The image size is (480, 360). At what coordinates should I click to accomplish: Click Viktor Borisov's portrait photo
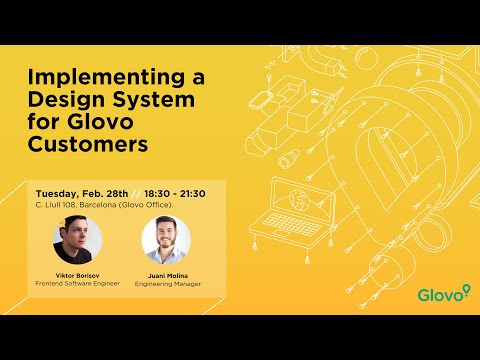click(77, 240)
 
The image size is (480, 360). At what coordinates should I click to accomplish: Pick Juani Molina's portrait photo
click(166, 240)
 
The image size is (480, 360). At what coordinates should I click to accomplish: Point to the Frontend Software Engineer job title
click(77, 283)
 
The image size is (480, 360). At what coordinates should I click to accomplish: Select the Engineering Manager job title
click(166, 283)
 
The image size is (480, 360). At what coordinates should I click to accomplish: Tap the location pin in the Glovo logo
click(465, 291)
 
